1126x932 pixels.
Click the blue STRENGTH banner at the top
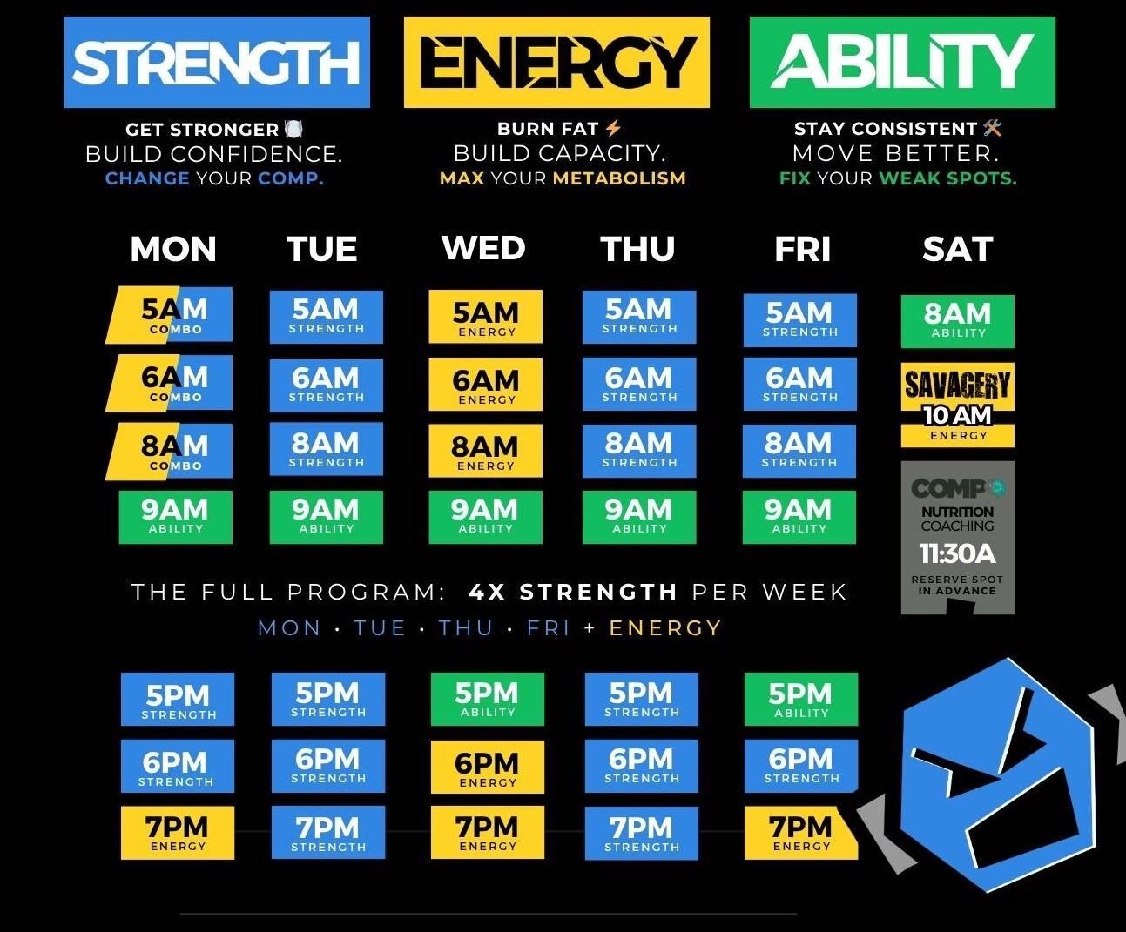tap(217, 62)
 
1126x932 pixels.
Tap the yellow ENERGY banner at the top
tap(556, 62)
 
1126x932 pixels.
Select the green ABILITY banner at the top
tap(902, 62)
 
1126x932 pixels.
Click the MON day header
tap(173, 250)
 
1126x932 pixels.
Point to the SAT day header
tap(957, 250)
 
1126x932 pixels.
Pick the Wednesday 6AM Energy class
tap(485, 386)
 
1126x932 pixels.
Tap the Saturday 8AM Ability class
tap(957, 320)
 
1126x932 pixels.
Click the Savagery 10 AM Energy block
tap(957, 405)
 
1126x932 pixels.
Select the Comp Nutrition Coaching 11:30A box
tap(957, 538)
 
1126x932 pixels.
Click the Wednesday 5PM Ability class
tap(487, 699)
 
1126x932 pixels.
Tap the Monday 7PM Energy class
tap(178, 833)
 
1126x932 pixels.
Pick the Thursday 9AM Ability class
tap(639, 516)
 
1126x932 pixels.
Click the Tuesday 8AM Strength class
tap(326, 449)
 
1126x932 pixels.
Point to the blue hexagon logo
tap(992, 774)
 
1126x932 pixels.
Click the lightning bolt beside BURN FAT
tap(613, 129)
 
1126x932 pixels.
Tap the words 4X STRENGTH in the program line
tap(573, 593)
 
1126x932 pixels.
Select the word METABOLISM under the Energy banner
tap(619, 178)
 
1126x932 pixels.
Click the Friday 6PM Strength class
tap(800, 765)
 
